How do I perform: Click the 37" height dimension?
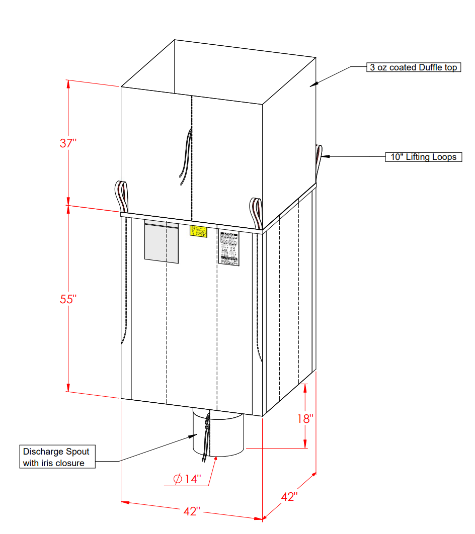pos(68,143)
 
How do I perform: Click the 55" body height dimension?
pos(68,299)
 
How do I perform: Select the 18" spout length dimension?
pos(305,418)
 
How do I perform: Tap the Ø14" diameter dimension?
pos(187,479)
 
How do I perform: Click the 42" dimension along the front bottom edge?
pos(192,511)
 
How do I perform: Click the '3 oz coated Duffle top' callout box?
pos(413,67)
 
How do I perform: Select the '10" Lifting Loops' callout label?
pos(423,157)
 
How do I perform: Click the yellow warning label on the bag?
pos(198,231)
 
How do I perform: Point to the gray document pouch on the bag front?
pos(162,241)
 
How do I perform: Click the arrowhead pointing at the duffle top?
pos(314,84)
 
